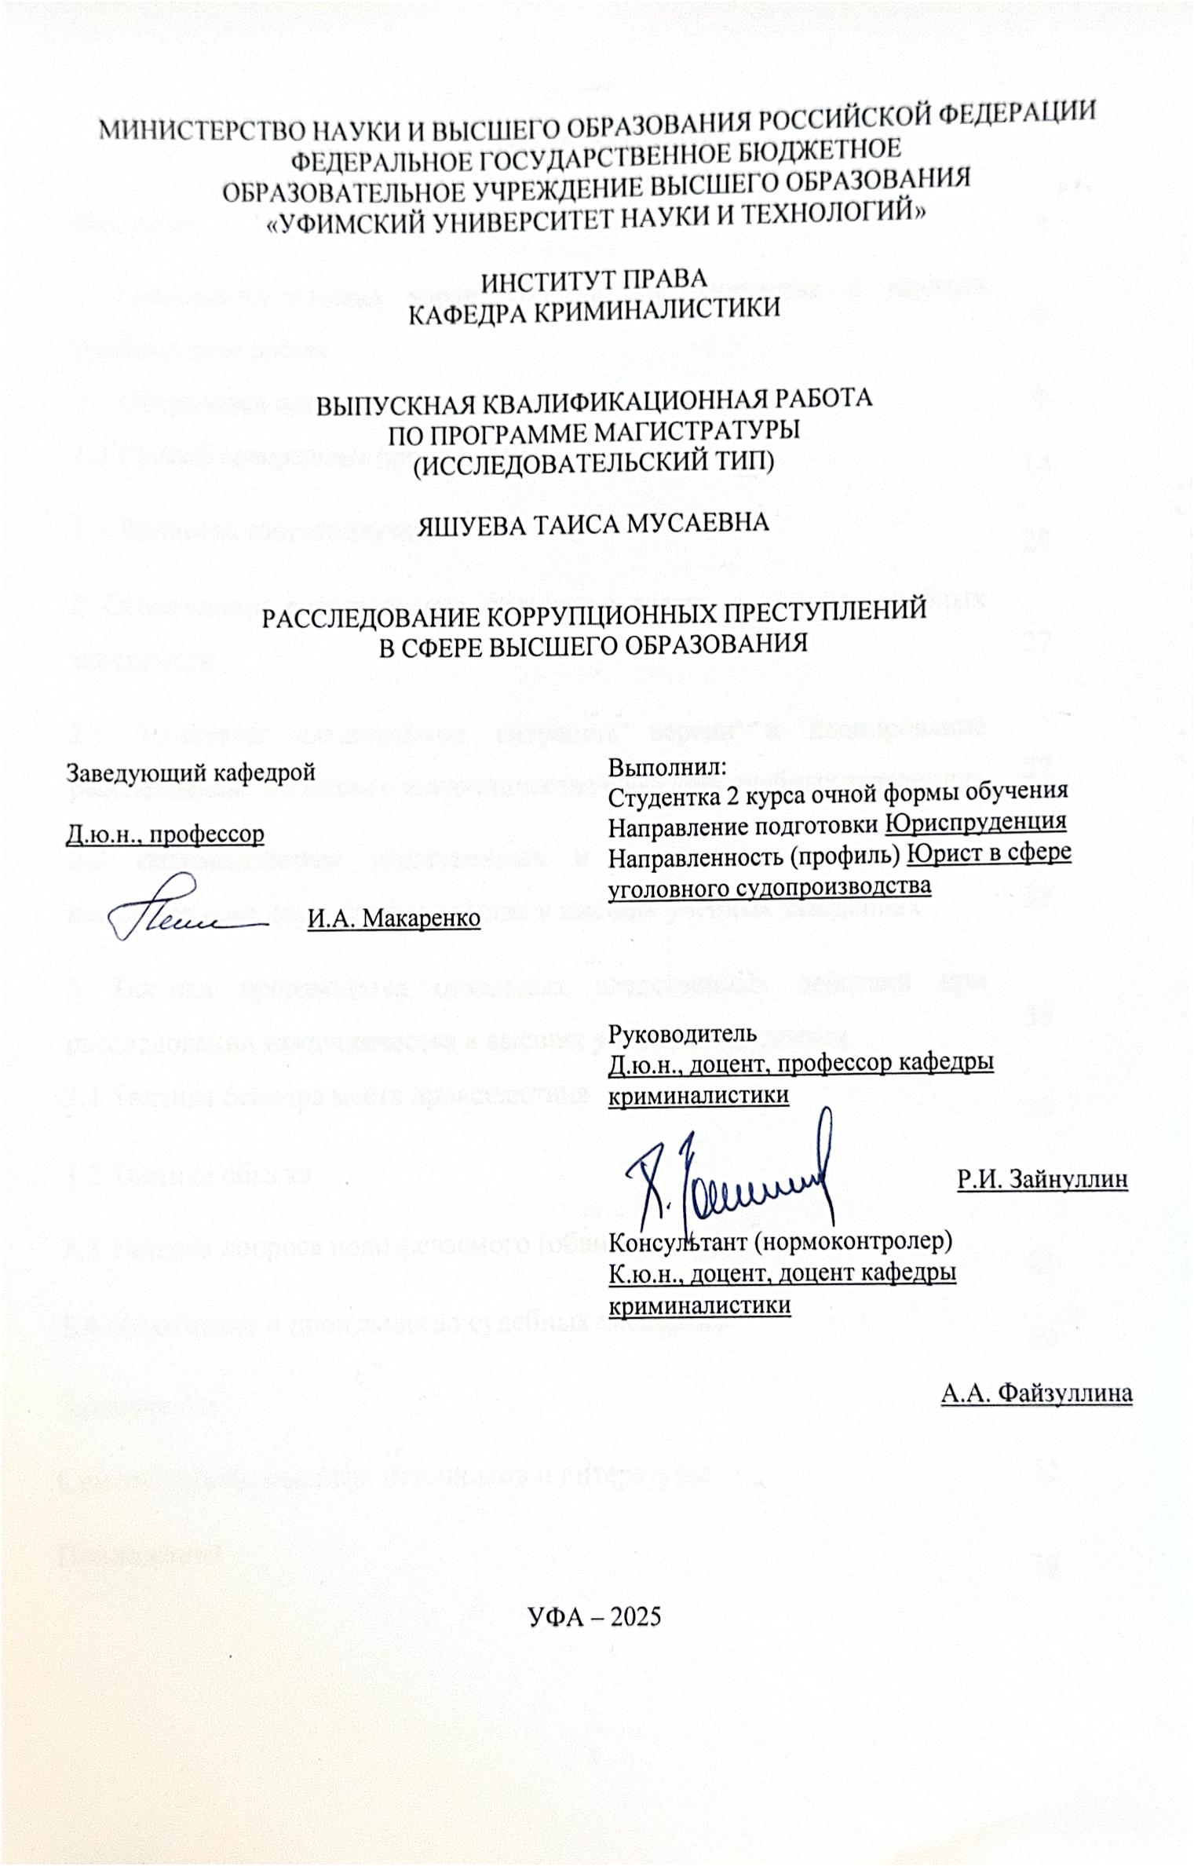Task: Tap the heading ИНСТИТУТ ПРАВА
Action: [594, 279]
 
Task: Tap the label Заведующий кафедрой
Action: [192, 772]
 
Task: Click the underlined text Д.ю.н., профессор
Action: [165, 833]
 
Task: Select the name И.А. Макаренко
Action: [393, 918]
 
